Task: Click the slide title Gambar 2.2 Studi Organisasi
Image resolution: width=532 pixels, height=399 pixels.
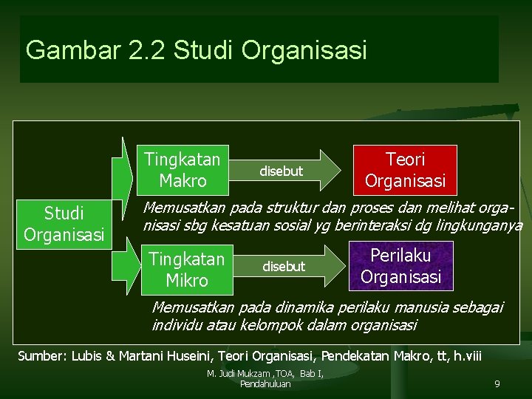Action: (196, 50)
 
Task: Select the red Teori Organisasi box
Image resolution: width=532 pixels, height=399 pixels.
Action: (406, 170)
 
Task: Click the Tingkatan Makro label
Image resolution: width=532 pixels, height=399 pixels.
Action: (183, 170)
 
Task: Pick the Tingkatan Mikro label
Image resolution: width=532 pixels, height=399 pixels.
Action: (187, 270)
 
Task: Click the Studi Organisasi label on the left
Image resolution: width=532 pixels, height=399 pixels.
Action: (64, 224)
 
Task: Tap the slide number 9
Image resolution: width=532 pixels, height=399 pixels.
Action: (497, 384)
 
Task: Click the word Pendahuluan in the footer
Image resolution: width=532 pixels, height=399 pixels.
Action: (265, 383)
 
